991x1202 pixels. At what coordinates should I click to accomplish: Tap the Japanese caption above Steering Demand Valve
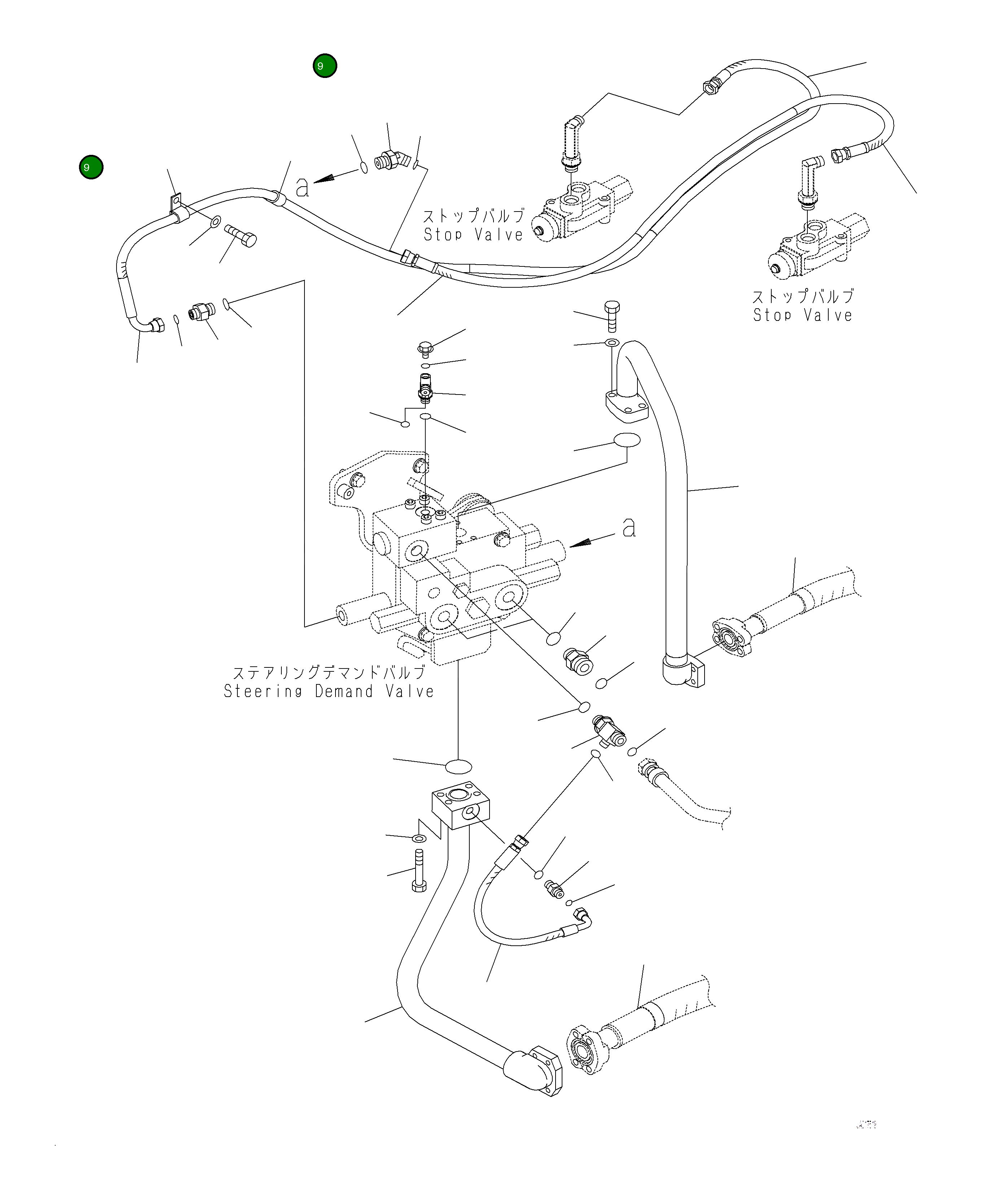tap(329, 672)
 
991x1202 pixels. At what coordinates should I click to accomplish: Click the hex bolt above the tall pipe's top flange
tap(611, 315)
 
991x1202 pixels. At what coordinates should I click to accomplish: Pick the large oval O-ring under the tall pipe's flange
tap(627, 440)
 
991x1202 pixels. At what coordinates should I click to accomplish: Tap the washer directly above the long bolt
tap(419, 838)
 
